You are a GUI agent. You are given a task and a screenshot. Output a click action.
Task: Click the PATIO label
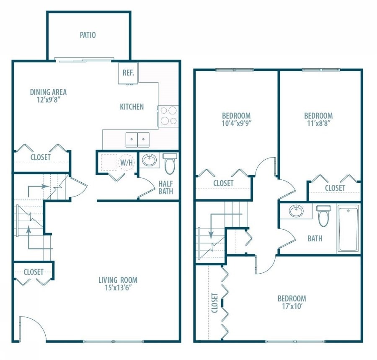[x=88, y=35]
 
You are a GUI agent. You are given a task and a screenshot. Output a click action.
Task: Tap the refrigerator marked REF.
[x=128, y=73]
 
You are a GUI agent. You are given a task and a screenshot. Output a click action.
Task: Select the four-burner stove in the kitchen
[x=168, y=116]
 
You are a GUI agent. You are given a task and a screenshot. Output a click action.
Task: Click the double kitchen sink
[x=138, y=137]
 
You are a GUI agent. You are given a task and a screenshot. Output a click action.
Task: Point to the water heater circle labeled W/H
[x=126, y=162]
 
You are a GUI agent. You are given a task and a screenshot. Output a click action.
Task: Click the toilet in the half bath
[x=170, y=163]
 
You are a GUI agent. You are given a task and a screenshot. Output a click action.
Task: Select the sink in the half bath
[x=149, y=160]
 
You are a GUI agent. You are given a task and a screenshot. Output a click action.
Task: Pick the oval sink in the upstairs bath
[x=297, y=211]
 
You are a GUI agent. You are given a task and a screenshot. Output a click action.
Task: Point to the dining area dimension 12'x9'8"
[x=49, y=100]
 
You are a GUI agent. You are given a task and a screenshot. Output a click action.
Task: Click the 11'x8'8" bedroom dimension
[x=318, y=124]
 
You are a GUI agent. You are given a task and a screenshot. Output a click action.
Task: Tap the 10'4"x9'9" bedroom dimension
[x=236, y=124]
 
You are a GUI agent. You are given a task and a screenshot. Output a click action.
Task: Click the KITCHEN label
[x=132, y=107]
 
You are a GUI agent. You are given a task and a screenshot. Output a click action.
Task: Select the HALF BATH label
[x=165, y=188]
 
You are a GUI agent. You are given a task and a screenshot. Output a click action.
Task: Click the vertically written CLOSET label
[x=214, y=303]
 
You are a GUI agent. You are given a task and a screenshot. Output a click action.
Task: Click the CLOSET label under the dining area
[x=41, y=157]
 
